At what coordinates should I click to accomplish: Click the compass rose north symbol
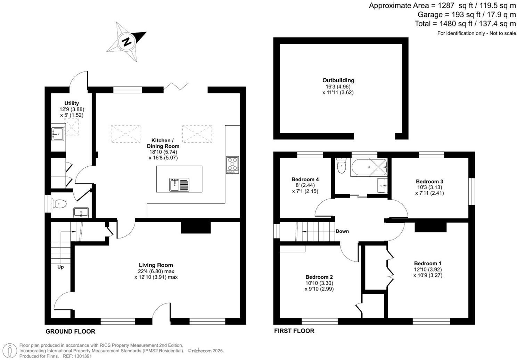[126, 42]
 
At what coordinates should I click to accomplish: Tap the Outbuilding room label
[338, 80]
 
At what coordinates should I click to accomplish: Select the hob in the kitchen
[232, 165]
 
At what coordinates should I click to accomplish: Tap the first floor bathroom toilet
[342, 166]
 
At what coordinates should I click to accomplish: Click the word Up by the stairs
[60, 267]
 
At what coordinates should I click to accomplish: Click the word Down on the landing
[342, 231]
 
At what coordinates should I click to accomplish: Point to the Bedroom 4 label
[305, 179]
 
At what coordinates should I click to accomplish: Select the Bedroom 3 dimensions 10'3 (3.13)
[429, 187]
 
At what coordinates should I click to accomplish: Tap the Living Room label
[156, 265]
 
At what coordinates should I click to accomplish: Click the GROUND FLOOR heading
[70, 332]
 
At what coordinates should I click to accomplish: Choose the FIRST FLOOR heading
[294, 331]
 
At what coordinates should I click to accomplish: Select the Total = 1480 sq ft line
[465, 24]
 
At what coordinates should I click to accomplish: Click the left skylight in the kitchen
[125, 134]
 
